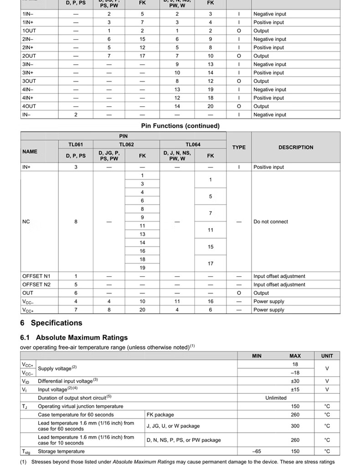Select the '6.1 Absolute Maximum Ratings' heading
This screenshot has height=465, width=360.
(74, 337)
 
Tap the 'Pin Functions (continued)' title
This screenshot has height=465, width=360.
(180, 125)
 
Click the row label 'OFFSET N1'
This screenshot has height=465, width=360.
(36, 276)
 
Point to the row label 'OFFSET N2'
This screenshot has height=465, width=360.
(36, 284)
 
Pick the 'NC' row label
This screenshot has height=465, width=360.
(26, 222)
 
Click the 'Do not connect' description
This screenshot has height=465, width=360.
(271, 222)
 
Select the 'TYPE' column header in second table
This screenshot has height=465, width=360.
(238, 147)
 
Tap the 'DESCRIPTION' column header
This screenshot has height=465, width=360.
(296, 147)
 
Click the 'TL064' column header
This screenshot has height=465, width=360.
(193, 145)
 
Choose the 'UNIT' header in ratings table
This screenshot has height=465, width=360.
(327, 356)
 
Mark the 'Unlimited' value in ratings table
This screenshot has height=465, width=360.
(276, 398)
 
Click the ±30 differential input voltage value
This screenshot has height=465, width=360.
(295, 381)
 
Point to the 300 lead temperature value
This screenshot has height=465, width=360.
(295, 426)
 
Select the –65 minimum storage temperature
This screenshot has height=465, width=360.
(257, 451)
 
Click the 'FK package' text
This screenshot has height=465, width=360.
(160, 414)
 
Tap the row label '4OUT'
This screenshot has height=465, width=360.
(29, 106)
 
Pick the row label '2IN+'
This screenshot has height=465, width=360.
(28, 47)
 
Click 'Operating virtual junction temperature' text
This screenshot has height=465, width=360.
(80, 406)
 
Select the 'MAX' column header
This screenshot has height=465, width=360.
(295, 356)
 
